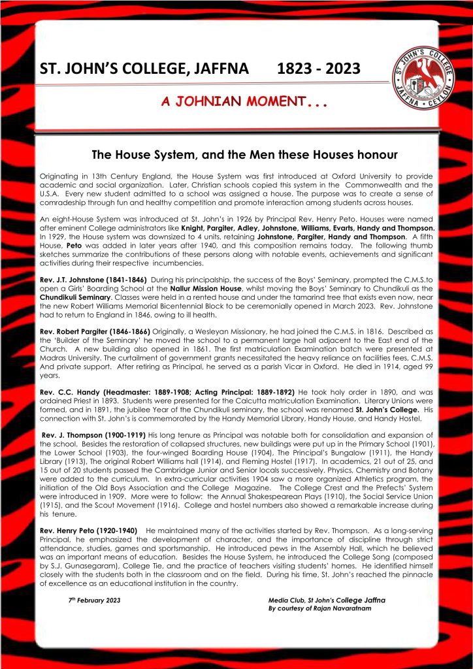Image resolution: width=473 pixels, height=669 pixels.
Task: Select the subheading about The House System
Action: coord(236,155)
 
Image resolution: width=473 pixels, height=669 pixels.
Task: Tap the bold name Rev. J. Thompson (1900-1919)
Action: coord(94,435)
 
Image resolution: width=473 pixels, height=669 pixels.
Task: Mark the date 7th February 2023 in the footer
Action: coord(95,599)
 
